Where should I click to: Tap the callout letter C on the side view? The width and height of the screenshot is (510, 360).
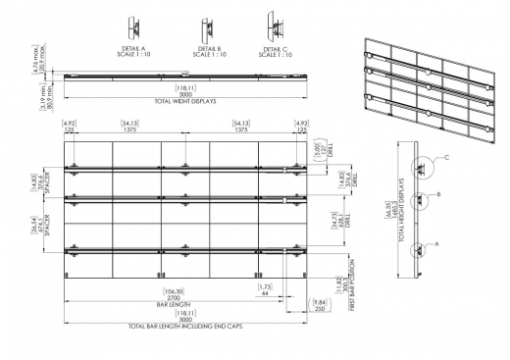click(446, 157)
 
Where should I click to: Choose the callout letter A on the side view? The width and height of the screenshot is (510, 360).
click(436, 238)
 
